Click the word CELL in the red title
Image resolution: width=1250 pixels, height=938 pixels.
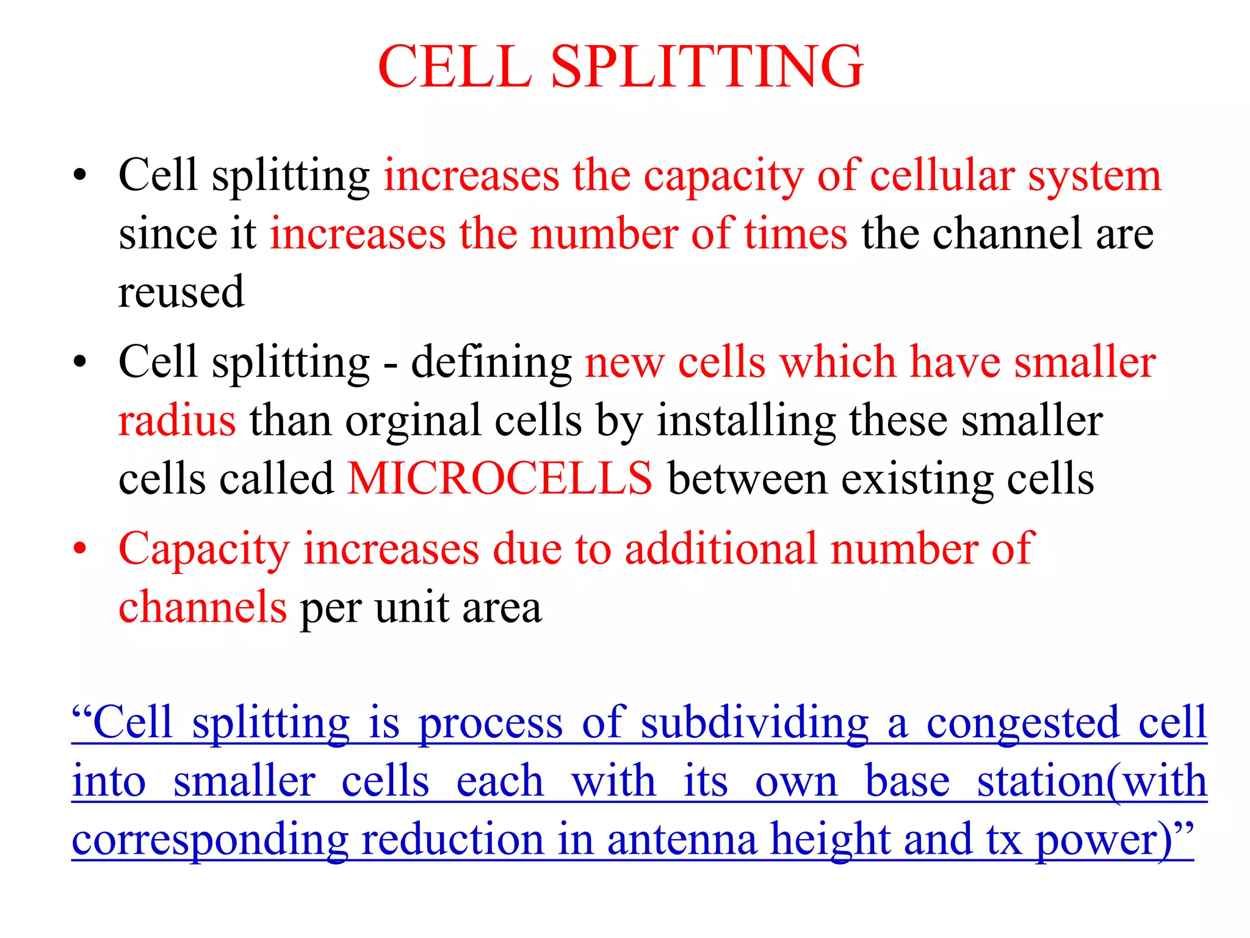[x=455, y=67]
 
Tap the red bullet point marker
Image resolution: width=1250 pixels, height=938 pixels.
[x=79, y=548]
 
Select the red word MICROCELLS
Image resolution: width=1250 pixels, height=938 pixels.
[x=500, y=479]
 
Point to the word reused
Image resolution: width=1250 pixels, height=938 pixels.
[x=181, y=293]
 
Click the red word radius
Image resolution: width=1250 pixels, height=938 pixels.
[x=177, y=421]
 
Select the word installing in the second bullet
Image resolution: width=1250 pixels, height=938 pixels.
[x=746, y=421]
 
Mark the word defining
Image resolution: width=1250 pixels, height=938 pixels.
[x=491, y=363]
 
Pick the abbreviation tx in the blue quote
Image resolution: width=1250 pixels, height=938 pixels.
[x=1003, y=840]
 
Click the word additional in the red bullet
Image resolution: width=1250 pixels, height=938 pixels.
[x=721, y=549]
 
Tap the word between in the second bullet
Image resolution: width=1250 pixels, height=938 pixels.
[x=748, y=479]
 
